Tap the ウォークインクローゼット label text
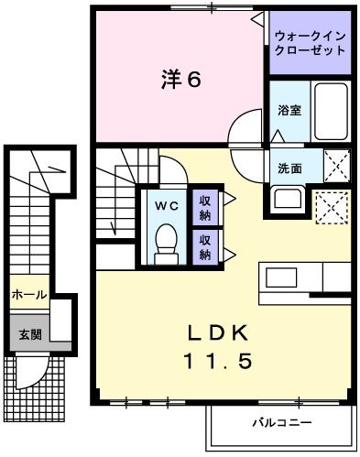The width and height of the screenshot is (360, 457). pos(309,44)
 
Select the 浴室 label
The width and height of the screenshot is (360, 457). pos(289,111)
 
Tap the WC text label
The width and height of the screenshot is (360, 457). pos(166,205)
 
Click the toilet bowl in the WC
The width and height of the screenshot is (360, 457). pos(166,243)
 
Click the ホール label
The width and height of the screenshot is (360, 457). pos(28,295)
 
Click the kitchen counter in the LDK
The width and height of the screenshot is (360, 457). pos(305,277)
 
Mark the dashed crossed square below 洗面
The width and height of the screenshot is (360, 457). pos(332,207)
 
